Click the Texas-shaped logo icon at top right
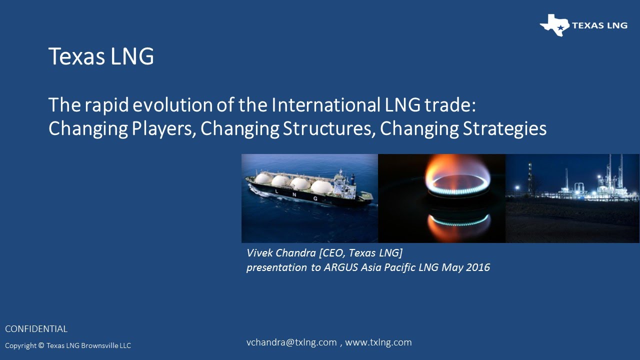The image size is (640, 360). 554,25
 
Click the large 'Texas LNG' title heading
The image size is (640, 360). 101,56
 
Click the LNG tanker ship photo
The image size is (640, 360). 309,198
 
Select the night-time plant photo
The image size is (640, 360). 572,198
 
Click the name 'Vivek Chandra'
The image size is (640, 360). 280,253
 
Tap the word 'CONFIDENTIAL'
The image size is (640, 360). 36,329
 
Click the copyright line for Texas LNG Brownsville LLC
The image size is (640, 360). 68,345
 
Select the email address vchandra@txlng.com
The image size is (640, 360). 291,342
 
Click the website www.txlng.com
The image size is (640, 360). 378,342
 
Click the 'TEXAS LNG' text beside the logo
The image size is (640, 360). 599,25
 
